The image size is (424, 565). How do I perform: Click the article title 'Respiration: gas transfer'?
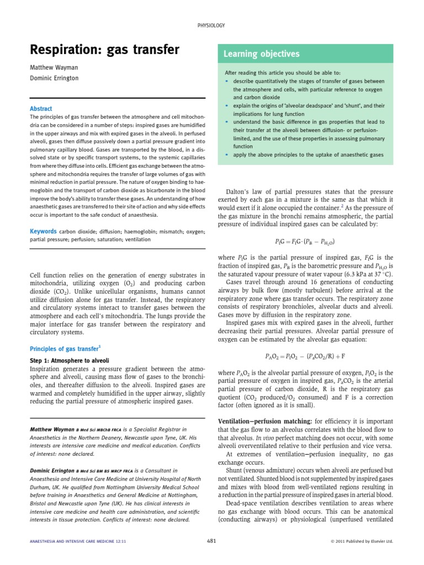104,50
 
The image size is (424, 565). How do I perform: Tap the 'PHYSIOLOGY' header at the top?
211,25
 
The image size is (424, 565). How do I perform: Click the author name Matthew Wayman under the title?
54,67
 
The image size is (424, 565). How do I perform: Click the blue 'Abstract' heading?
41,109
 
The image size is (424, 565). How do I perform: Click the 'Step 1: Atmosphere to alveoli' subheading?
68,360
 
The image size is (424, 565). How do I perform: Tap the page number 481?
211,541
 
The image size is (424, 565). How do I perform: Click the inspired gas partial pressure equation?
305,242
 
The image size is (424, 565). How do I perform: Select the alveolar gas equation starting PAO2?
305,356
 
